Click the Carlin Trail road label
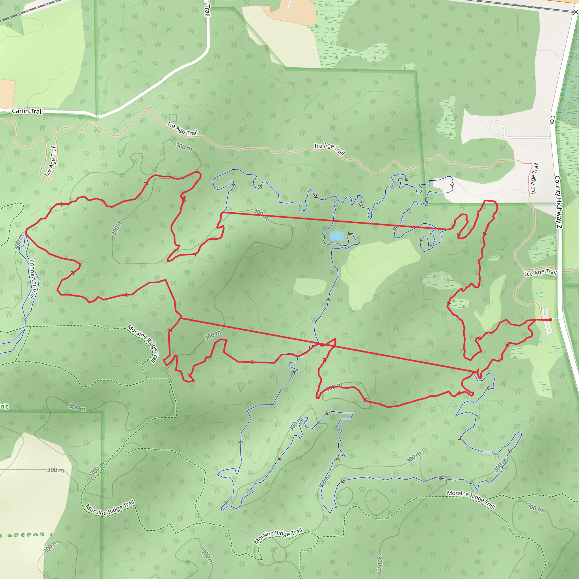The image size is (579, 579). [27, 111]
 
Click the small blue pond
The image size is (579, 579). [336, 236]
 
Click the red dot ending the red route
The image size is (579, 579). [550, 320]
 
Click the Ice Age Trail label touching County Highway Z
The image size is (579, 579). [541, 273]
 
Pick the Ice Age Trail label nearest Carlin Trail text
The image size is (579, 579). [50, 161]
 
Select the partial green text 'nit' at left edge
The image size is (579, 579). [4, 406]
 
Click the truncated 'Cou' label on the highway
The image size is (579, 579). [552, 120]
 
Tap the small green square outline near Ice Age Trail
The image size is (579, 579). [173, 118]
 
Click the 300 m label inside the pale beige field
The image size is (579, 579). [55, 470]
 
